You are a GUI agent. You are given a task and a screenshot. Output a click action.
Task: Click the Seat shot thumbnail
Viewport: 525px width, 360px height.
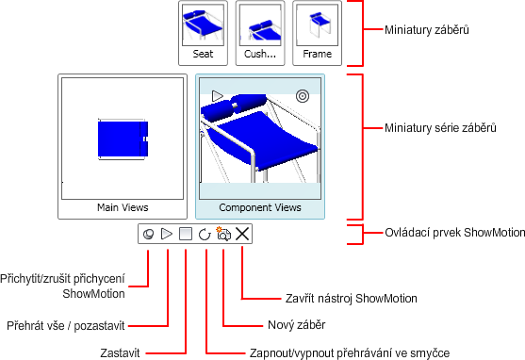pyautogui.click(x=203, y=33)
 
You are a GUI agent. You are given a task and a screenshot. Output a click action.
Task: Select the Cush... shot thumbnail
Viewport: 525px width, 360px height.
pyautogui.click(x=260, y=33)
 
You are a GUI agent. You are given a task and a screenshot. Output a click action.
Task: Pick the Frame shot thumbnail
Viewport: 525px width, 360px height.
pyautogui.click(x=317, y=33)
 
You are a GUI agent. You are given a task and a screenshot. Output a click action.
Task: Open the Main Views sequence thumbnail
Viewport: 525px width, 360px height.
pyautogui.click(x=123, y=147)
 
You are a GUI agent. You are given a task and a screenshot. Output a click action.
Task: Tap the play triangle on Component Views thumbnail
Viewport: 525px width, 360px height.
pyautogui.click(x=218, y=96)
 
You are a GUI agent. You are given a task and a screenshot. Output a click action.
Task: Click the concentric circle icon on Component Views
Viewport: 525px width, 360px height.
pyautogui.click(x=303, y=96)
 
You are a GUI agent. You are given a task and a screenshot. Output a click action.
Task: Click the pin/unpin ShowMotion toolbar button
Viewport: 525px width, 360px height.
pyautogui.click(x=148, y=234)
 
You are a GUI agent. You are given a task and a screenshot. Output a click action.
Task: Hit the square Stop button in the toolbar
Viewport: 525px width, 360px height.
pyautogui.click(x=186, y=234)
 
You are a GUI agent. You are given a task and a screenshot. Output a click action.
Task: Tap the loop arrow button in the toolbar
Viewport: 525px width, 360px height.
pyautogui.click(x=205, y=234)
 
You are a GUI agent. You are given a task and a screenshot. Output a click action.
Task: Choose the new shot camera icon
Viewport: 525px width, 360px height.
pyautogui.click(x=223, y=234)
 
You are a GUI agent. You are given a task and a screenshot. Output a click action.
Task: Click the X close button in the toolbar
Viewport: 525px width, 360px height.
pyautogui.click(x=242, y=234)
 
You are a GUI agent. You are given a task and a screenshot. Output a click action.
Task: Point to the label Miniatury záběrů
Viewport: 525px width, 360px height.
pyautogui.click(x=427, y=30)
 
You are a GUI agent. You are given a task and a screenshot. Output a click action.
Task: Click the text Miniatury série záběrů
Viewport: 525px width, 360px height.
pyautogui.click(x=440, y=128)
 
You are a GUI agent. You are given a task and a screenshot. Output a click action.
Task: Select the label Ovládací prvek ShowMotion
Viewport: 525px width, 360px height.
pyautogui.click(x=454, y=233)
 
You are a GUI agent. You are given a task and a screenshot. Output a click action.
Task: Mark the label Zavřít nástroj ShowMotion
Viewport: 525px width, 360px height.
pyautogui.click(x=352, y=299)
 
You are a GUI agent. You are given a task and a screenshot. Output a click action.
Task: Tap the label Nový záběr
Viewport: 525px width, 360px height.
pyautogui.click(x=297, y=325)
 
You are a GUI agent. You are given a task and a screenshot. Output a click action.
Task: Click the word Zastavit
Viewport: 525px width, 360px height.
pyautogui.click(x=120, y=353)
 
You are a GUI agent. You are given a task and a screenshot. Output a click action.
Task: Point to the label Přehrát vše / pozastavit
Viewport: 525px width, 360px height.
pyautogui.click(x=66, y=326)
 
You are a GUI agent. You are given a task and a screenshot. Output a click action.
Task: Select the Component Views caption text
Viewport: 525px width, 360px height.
pyautogui.click(x=260, y=207)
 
